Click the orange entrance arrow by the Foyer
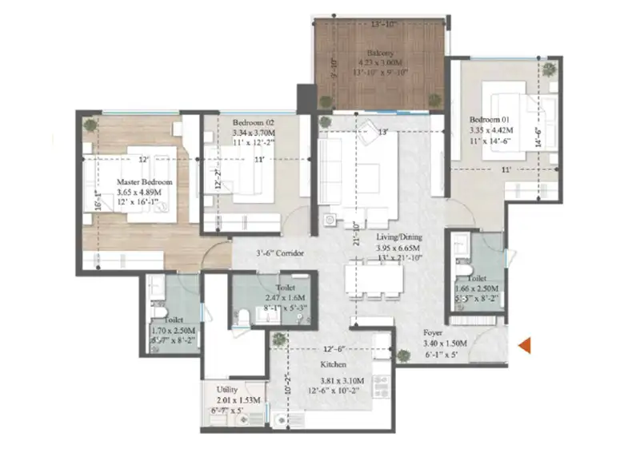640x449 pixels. coord(526,346)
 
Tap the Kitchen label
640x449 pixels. coord(328,370)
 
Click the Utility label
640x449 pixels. coord(228,389)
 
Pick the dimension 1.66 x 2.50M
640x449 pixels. coord(477,288)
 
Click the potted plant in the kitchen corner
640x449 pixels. coord(278,339)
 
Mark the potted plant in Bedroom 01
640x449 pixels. coord(550,70)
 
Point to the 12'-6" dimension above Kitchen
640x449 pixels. coord(334,349)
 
